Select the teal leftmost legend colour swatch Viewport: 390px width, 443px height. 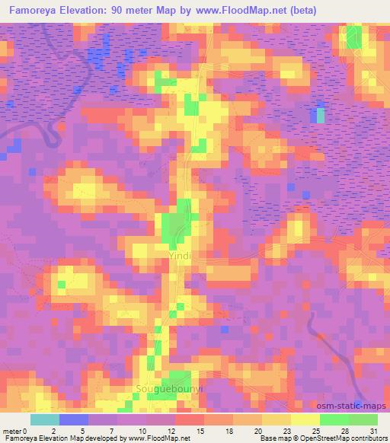coord(45,419)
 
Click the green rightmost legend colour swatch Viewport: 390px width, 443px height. coord(363,419)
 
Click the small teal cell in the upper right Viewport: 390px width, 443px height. coord(320,116)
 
